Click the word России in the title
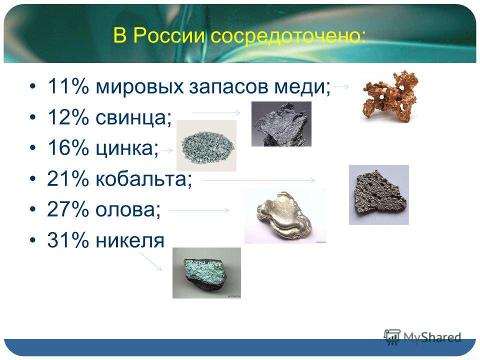[x=169, y=35]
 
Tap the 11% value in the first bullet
[x=68, y=86]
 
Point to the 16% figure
[x=67, y=148]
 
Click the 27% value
[x=67, y=209]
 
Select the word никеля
[x=130, y=240]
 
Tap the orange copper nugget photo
[x=389, y=96]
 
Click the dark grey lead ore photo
[x=281, y=124]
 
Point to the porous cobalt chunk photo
[x=379, y=195]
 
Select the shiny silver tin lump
[x=284, y=216]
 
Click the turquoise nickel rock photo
[x=206, y=273]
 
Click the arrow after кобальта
[x=258, y=180]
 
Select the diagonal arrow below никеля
[x=150, y=261]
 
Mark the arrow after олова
[x=199, y=210]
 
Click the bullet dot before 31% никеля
[x=33, y=240]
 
